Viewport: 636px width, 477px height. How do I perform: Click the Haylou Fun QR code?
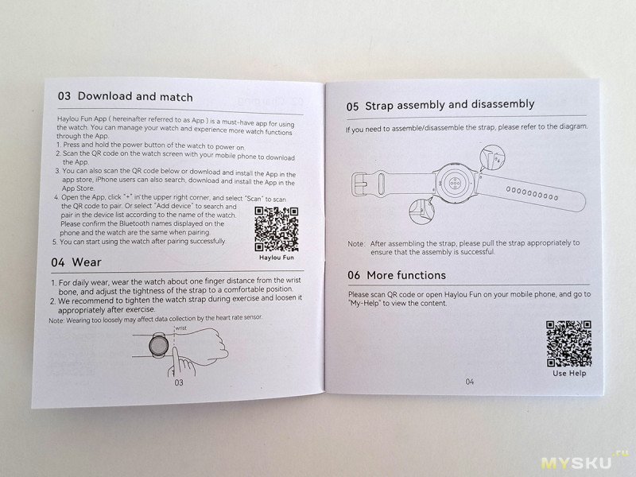277,229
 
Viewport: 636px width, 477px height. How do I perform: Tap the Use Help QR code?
568,343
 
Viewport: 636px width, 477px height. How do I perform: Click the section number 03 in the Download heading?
64,96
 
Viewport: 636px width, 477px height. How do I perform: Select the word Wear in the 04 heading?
87,262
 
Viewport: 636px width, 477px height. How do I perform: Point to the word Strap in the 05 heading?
379,106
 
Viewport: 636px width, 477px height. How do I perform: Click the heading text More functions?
406,275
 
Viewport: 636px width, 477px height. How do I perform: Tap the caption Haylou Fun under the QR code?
277,258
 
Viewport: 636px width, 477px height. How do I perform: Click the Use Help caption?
569,373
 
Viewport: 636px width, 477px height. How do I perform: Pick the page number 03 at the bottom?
179,382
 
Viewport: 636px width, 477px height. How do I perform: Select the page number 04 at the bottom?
469,382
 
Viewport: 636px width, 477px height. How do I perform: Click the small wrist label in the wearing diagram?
181,328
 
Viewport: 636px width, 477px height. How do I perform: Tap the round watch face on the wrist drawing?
158,346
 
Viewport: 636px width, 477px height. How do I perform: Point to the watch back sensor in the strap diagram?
454,183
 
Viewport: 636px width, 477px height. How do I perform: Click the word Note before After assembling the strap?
356,244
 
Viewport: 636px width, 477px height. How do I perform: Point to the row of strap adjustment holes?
532,193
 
